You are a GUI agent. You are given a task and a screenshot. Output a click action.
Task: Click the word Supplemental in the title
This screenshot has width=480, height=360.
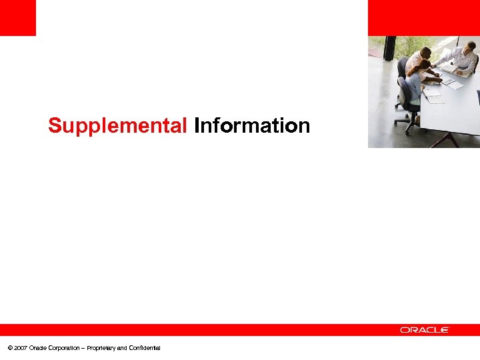(x=118, y=125)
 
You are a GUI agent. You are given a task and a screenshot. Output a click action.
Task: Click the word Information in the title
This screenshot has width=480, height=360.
(x=252, y=125)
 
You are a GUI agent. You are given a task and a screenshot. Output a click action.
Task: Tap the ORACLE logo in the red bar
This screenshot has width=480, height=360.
(x=425, y=329)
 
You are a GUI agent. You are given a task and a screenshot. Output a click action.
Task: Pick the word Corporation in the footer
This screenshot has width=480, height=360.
(x=65, y=348)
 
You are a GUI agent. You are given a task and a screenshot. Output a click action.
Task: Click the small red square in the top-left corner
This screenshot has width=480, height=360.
(x=18, y=18)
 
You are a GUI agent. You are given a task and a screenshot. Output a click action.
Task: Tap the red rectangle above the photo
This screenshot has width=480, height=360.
(x=424, y=18)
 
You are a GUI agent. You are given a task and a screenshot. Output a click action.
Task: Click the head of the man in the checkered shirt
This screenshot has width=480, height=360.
(x=471, y=47)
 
